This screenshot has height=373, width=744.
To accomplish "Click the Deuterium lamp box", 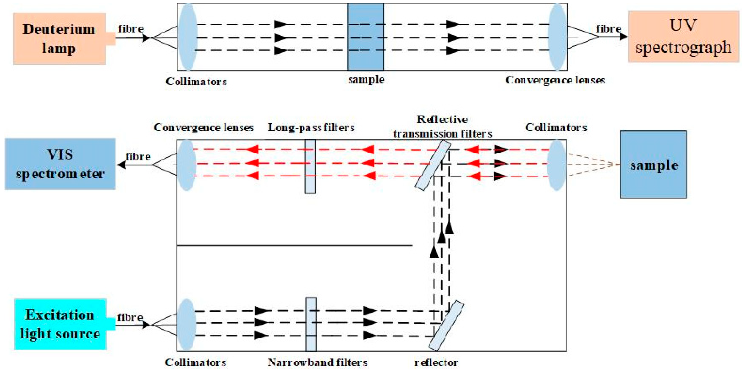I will [x=59, y=38].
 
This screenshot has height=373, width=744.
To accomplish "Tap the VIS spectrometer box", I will [x=60, y=164].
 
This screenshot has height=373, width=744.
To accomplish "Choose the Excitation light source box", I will [x=60, y=324].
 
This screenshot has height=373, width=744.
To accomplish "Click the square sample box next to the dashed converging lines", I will [x=653, y=164].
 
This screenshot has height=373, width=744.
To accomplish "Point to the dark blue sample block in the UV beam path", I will [x=365, y=37].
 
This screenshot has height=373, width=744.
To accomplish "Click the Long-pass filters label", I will [x=311, y=127].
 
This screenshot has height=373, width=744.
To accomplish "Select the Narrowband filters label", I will [x=317, y=362].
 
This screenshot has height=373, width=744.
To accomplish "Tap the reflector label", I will [x=436, y=362].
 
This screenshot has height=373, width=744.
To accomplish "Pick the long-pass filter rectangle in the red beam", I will [x=310, y=166].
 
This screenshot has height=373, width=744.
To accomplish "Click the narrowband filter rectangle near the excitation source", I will [x=311, y=324].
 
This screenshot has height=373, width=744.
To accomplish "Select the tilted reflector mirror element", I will [x=446, y=326].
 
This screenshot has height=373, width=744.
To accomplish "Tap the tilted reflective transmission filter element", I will [x=432, y=165].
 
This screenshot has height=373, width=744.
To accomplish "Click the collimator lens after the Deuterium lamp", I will [x=188, y=37].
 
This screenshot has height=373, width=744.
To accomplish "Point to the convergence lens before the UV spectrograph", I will [x=557, y=37].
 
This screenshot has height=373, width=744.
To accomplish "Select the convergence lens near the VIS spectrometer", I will [x=187, y=165].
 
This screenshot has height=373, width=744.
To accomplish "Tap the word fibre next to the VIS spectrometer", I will [x=138, y=157].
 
